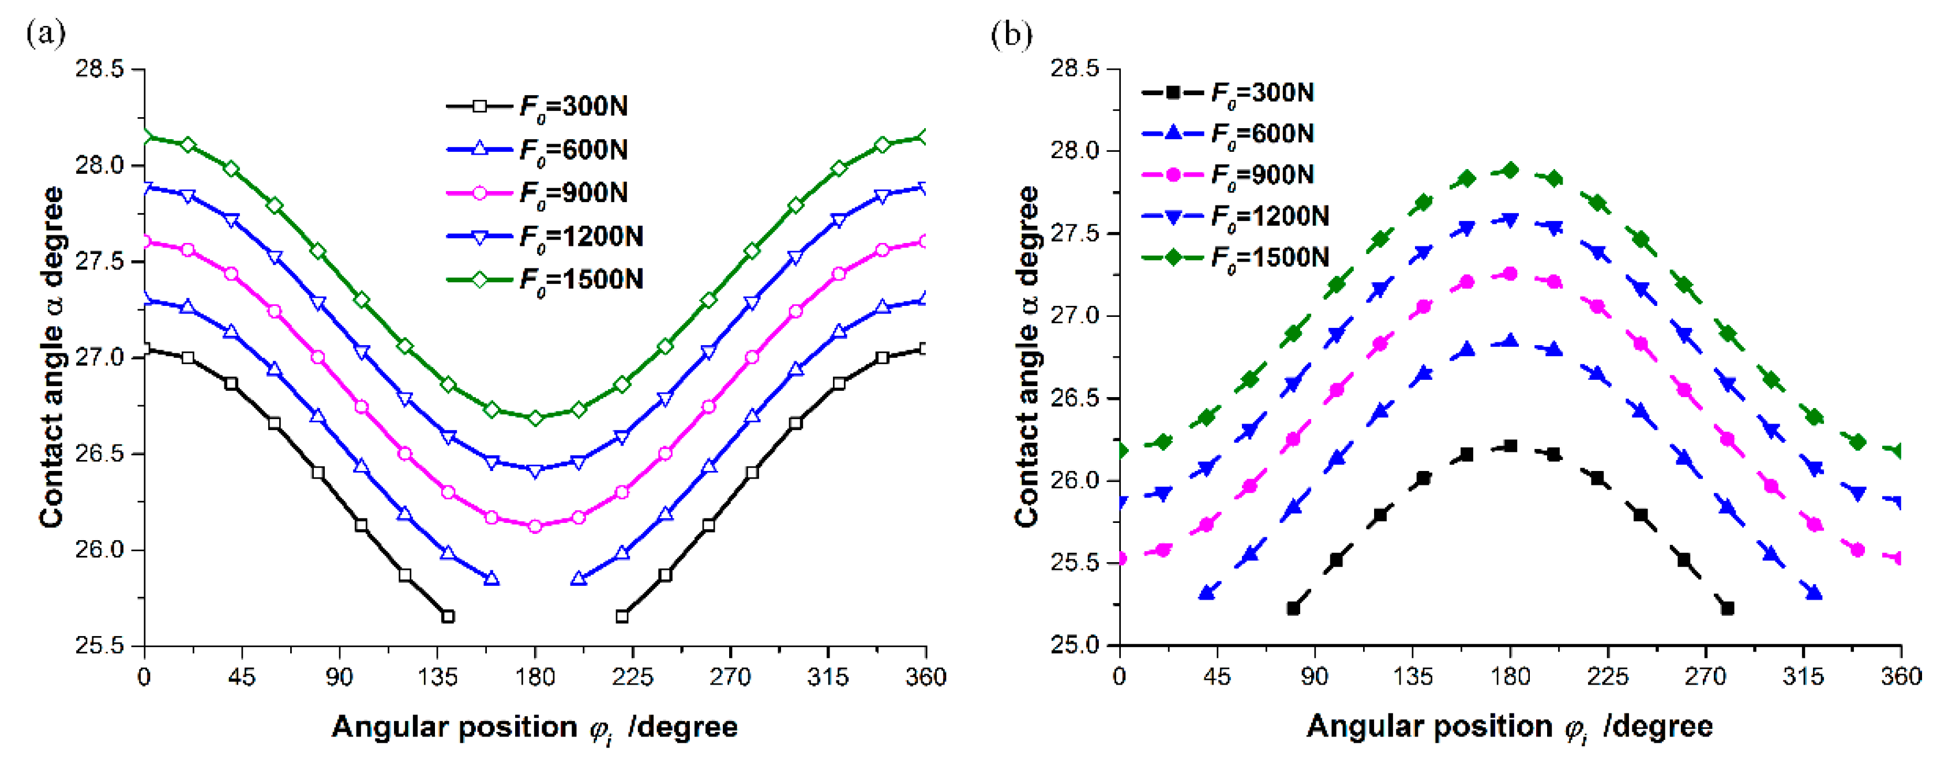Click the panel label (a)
(x=46, y=33)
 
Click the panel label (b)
(x=1011, y=35)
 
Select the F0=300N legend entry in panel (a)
(x=537, y=107)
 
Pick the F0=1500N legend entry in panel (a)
(x=545, y=280)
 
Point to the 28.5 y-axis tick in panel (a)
(x=99, y=69)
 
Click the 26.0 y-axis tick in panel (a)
(x=99, y=549)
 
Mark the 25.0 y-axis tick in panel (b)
(x=1075, y=645)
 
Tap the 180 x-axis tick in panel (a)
(x=535, y=676)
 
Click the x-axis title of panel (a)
(x=535, y=727)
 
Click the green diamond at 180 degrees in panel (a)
(x=535, y=418)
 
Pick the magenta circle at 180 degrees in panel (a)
(x=535, y=526)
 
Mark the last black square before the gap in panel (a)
(x=448, y=616)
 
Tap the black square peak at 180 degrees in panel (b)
(x=1510, y=446)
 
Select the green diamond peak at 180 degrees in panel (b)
(x=1510, y=170)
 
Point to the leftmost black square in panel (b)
(x=1293, y=608)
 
